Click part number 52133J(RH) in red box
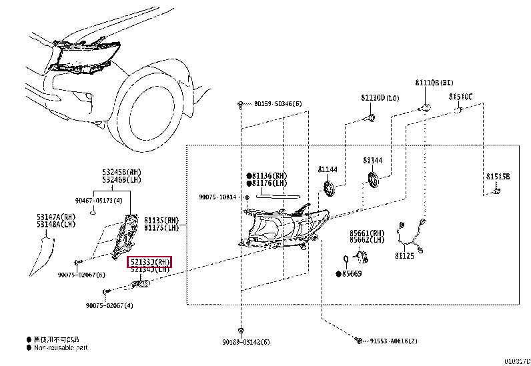pos(149,261)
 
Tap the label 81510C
pos(460,97)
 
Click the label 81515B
pos(498,177)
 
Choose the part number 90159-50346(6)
pos(278,104)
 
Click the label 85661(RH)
pos(367,233)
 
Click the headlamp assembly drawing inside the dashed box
pos(287,227)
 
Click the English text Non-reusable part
pos(61,347)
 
